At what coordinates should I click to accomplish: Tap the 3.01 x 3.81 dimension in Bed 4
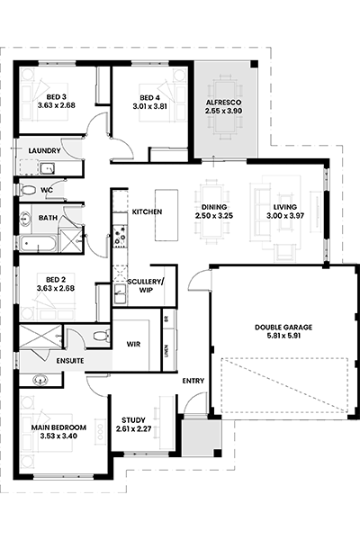pos(150,106)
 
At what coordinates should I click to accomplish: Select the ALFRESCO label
pos(223,103)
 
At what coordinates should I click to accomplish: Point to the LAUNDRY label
pos(44,150)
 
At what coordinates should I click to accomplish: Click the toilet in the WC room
pos(29,189)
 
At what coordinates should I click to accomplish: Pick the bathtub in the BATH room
pos(38,244)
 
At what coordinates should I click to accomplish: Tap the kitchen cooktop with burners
pos(121,236)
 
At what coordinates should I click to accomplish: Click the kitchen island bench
pos(166,215)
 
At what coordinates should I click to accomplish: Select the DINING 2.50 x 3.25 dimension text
pos(214,216)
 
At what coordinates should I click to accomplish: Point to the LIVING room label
pos(285,207)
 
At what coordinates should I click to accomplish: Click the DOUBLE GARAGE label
pos(283,328)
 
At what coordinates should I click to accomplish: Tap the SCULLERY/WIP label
pos(146,286)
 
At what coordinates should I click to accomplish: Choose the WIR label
pos(133,344)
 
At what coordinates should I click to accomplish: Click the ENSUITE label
pos(70,361)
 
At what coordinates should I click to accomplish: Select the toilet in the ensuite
pos(102,336)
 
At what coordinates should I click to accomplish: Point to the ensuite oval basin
pos(41,381)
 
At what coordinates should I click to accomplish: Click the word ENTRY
pos(193,381)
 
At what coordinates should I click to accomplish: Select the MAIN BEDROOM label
pos(58,427)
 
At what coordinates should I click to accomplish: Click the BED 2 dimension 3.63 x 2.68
pos(56,288)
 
